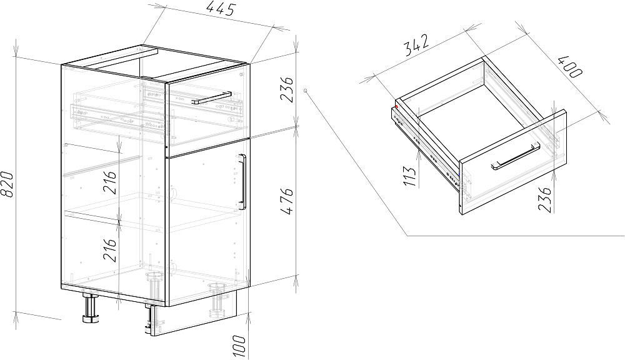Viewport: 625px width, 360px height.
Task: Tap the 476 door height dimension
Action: tap(287, 201)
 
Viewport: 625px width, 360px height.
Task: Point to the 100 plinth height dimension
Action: tap(239, 346)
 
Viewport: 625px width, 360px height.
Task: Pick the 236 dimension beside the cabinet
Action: tap(287, 90)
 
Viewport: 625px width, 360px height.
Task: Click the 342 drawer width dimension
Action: tap(417, 44)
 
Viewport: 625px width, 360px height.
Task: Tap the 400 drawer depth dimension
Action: tap(571, 67)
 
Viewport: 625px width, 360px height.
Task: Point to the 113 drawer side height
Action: tap(409, 176)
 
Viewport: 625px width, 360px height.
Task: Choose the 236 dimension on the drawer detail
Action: tap(544, 199)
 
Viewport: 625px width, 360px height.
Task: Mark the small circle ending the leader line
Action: tap(306, 91)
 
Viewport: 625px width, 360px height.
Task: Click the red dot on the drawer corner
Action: tap(397, 106)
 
